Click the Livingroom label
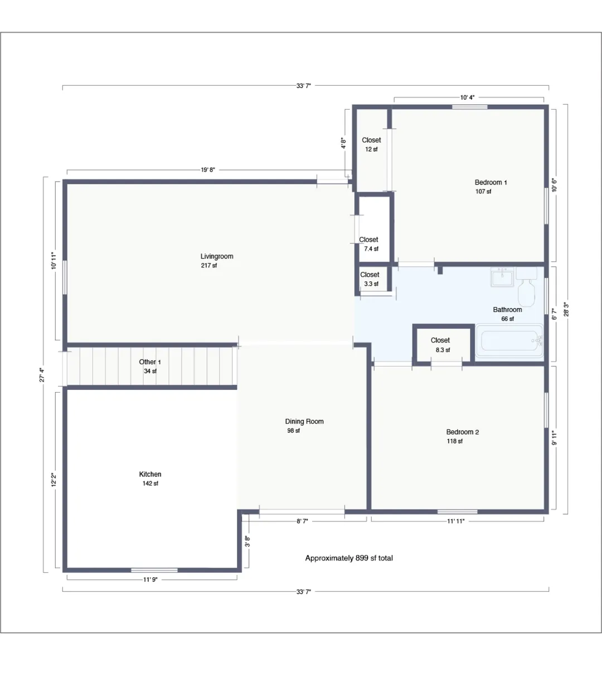(217, 256)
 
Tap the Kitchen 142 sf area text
(151, 484)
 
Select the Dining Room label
(304, 421)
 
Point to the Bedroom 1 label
(491, 182)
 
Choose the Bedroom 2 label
(463, 432)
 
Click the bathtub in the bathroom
(509, 341)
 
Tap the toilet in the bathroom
(527, 287)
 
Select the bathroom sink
(502, 277)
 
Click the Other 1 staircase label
(150, 362)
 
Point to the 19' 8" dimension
(208, 170)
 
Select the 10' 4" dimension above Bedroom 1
(467, 97)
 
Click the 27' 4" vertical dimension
(42, 375)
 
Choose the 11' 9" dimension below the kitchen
(151, 579)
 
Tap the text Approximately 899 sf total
(349, 558)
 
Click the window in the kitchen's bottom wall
(154, 570)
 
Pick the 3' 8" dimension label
(247, 541)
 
